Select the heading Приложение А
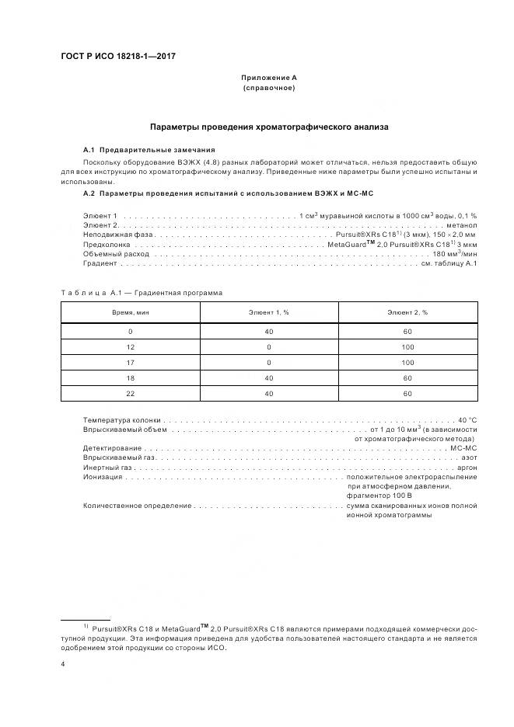click(x=268, y=78)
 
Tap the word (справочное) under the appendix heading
click(x=268, y=88)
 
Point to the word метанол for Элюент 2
click(x=461, y=224)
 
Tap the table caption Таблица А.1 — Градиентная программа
click(x=142, y=293)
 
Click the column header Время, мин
click(x=131, y=312)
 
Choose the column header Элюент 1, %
click(x=270, y=312)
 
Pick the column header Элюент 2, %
click(x=407, y=312)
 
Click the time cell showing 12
click(x=131, y=346)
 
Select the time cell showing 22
click(x=131, y=394)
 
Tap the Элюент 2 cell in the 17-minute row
click(x=407, y=362)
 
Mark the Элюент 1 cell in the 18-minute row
click(x=270, y=378)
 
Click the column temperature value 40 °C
click(x=467, y=419)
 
